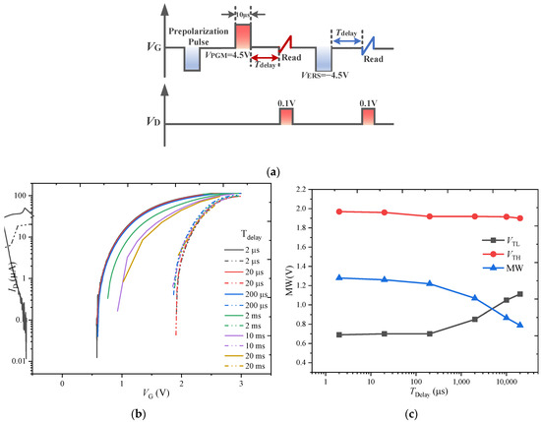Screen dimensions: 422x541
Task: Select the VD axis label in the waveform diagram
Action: tap(147, 123)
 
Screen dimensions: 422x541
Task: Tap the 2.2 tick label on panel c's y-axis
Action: tap(304, 189)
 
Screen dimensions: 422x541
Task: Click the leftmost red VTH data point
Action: tap(338, 211)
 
